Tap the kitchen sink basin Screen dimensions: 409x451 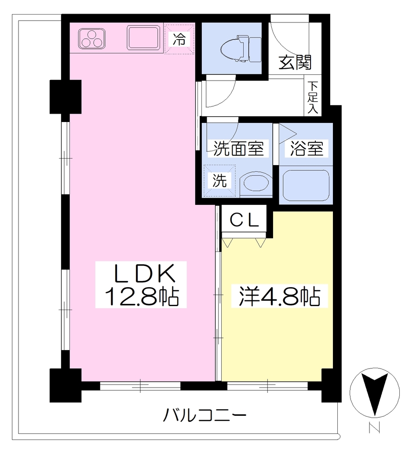point(144,38)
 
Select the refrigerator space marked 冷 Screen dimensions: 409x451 point(179,39)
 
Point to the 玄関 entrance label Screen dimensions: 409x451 point(295,62)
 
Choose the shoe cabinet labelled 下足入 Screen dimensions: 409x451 point(313,97)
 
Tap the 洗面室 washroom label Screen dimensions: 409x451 point(238,148)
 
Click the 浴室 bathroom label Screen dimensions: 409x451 point(306,149)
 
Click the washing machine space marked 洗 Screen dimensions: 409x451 point(219,181)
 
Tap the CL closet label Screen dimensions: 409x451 point(245,220)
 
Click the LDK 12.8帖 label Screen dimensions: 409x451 point(141,285)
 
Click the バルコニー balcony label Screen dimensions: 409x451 point(205,415)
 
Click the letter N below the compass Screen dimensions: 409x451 point(375,427)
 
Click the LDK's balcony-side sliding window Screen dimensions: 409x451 point(140,386)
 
